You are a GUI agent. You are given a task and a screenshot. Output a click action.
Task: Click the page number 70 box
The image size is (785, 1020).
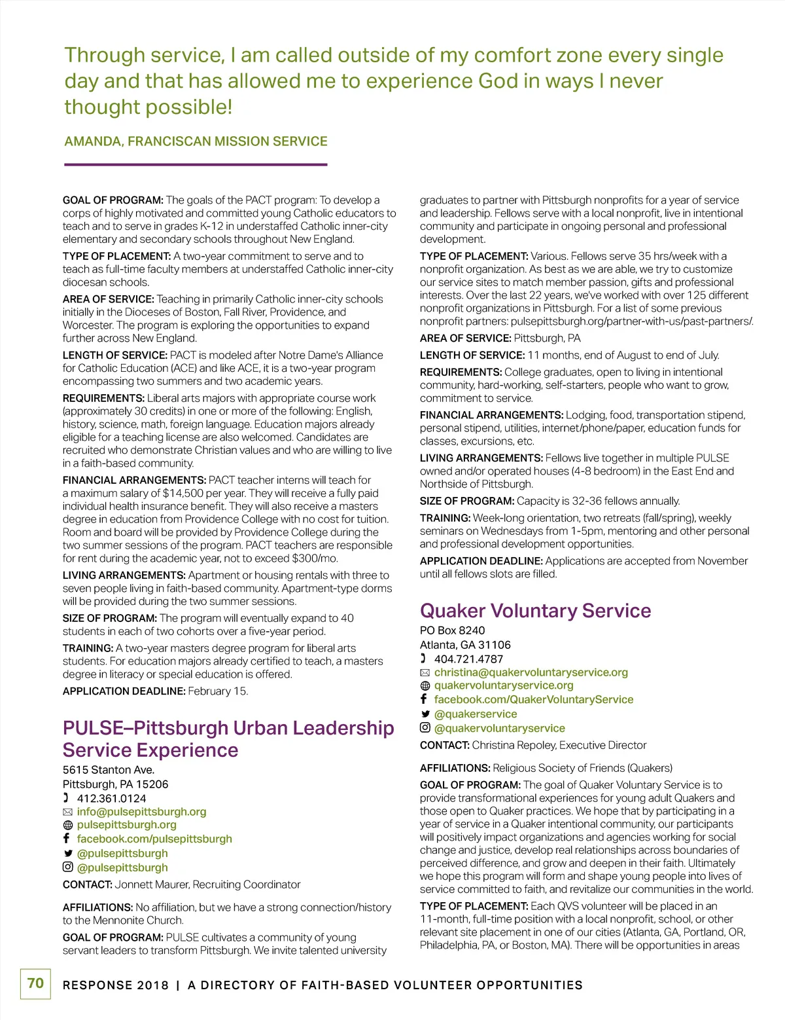35,983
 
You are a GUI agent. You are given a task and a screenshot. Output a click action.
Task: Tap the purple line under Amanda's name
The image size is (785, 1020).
195,164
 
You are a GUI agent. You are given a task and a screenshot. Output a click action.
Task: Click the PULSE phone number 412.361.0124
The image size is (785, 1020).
111,798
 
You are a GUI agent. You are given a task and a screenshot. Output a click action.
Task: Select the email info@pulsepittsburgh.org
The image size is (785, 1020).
141,812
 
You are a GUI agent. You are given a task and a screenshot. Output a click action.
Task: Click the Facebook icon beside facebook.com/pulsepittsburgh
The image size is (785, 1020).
67,839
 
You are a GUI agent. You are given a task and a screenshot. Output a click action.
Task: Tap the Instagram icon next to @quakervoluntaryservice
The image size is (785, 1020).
425,728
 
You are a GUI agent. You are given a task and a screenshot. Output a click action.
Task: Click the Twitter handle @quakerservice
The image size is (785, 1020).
476,714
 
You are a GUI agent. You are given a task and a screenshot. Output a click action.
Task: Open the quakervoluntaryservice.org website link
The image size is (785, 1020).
504,685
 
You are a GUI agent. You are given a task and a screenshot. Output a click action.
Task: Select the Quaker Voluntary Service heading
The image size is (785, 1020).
535,611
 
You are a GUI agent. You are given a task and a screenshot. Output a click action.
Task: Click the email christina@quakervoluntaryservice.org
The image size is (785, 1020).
531,672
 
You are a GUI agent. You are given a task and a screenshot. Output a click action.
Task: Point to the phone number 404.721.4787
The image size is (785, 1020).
468,659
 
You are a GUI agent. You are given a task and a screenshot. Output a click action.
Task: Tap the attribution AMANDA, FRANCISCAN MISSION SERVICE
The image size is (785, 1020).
196,141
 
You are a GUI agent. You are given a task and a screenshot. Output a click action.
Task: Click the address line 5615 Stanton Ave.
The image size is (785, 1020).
109,770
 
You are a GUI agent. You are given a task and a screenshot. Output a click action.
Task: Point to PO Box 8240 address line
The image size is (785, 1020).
452,630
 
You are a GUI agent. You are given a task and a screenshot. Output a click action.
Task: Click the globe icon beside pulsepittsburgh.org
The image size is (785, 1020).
67,826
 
